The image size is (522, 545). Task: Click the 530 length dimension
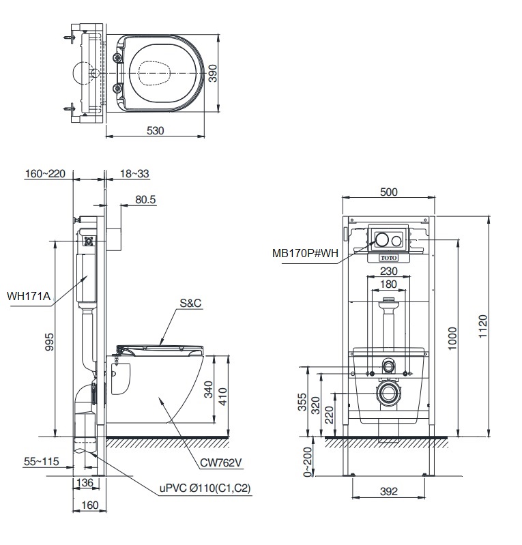155,132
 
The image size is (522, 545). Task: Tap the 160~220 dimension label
45,174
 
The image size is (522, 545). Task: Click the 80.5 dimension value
146,200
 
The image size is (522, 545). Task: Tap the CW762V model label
222,462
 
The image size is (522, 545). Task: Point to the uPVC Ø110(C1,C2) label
205,489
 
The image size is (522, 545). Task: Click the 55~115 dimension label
41,462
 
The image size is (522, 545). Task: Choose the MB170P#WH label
306,253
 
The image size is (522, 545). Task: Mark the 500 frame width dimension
388,192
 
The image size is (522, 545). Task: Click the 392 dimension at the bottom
388,491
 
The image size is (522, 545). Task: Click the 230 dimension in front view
388,271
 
